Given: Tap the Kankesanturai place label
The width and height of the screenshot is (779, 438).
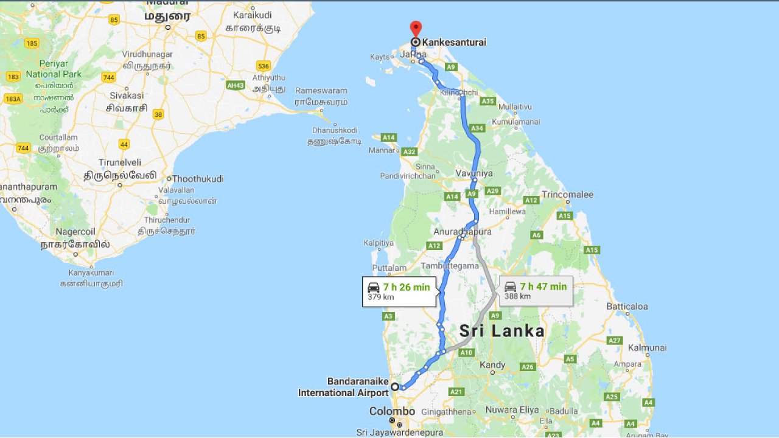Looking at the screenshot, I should [454, 43].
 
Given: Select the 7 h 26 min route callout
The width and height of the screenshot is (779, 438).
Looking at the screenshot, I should [399, 291].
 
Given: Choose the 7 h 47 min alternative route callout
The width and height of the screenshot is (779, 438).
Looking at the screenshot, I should [536, 291].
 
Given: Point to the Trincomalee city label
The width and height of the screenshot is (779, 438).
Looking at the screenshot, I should [567, 195].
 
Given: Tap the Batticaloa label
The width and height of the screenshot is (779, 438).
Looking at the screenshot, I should [627, 307].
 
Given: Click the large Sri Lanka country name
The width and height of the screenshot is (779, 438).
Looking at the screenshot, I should [501, 331].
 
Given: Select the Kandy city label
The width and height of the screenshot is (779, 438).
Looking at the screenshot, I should [492, 365].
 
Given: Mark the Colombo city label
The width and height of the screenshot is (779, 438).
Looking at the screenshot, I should [392, 411].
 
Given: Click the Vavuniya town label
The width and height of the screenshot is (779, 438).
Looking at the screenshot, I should [474, 173].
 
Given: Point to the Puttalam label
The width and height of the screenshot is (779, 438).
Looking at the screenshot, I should [389, 268].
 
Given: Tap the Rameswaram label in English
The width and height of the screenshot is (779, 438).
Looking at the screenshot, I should [321, 91].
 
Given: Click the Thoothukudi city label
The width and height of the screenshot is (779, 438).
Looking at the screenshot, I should [198, 179].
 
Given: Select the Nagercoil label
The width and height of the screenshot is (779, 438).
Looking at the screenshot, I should [75, 232].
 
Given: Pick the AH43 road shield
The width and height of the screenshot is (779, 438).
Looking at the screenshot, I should [236, 85].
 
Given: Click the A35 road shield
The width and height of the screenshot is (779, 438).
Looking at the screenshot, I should [487, 101].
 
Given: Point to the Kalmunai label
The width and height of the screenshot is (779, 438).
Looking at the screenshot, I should [647, 348].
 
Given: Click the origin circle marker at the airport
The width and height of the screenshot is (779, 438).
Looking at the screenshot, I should [394, 386].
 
